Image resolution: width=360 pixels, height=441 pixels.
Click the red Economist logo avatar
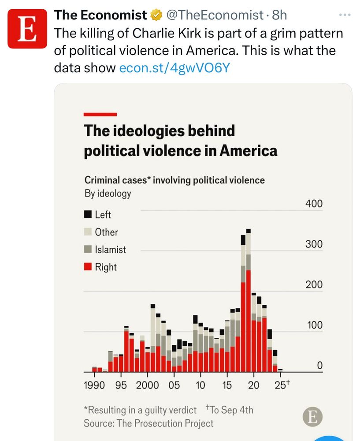coord(27,28)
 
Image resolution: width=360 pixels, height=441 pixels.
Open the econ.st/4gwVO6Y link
coord(174,68)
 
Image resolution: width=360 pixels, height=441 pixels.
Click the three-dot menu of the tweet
coord(344,15)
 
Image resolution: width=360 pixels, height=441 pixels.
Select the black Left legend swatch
coord(88,215)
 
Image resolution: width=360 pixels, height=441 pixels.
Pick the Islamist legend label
coord(110,250)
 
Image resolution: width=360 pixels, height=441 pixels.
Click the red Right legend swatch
coord(88,267)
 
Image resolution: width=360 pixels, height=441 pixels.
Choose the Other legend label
coord(106,232)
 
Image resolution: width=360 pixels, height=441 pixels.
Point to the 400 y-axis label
coord(314,204)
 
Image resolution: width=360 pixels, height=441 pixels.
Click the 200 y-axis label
coord(314,285)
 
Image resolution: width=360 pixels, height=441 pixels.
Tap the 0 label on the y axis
coord(319,366)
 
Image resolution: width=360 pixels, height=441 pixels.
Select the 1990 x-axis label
coord(94,385)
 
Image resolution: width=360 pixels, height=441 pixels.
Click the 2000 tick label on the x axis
coord(147,385)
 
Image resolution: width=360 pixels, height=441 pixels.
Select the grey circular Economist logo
coord(312,417)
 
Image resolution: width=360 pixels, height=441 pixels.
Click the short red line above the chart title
coord(100,114)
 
